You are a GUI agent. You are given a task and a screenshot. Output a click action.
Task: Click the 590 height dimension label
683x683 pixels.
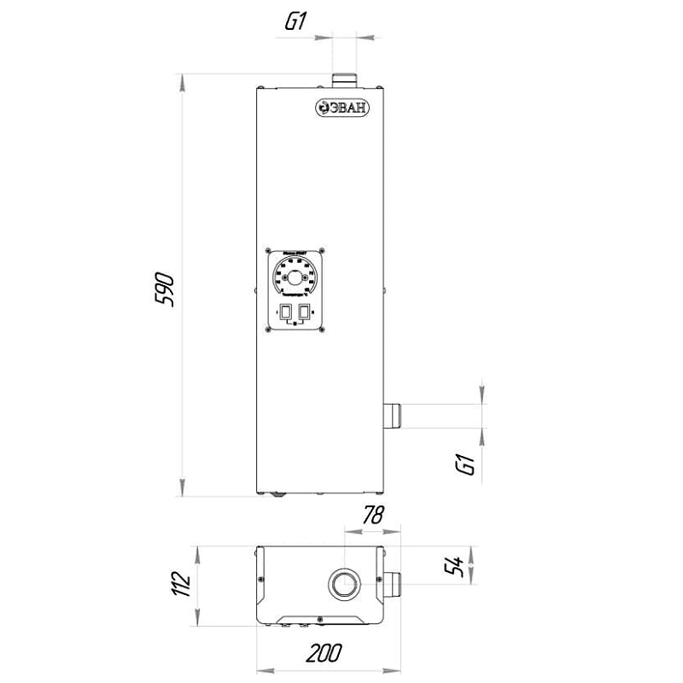coord(165,290)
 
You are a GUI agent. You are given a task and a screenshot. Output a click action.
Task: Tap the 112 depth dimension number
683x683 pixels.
coord(180,585)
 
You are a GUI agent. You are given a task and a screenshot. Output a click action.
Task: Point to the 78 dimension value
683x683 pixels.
coord(373,515)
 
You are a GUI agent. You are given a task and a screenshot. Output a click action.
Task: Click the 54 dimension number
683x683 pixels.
coord(456,565)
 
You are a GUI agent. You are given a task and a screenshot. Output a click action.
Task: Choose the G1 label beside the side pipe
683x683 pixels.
coord(465,465)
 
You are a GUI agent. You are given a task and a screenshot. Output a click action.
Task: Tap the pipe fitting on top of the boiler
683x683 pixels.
coord(346,79)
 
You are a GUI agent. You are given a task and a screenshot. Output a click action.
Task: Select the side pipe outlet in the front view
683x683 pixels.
coord(394,415)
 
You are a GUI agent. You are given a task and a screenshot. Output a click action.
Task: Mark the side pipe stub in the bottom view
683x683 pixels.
coord(394,586)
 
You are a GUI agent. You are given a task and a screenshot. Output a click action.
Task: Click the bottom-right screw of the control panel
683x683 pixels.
coord(319,330)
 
